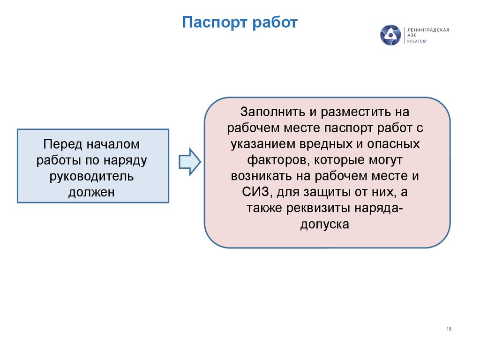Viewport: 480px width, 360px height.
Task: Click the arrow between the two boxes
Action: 189,161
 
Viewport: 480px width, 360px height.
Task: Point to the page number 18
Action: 449,329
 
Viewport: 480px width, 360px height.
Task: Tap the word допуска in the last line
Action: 325,224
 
